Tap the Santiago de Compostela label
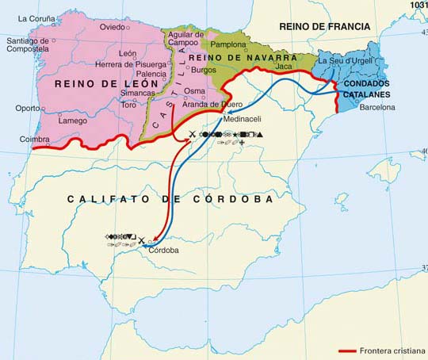(27, 46)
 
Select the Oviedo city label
(112, 27)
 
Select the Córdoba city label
(163, 251)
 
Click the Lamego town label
(73, 121)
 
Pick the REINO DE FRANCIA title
(325, 26)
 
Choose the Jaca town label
(283, 67)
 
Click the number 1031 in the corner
(418, 5)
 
